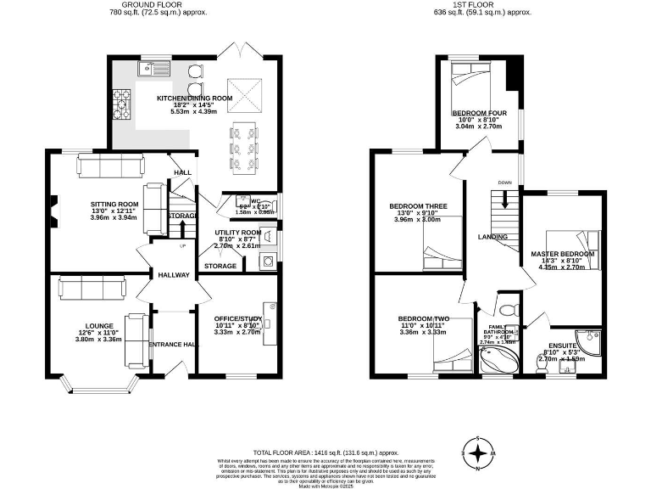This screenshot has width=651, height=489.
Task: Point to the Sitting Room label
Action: pos(114,204)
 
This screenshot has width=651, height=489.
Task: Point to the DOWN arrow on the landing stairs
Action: pos(505,201)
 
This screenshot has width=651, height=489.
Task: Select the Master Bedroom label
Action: pos(564,254)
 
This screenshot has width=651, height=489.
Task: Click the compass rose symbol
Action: pos(479,451)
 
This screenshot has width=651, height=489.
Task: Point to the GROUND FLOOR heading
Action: pos(159,5)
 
